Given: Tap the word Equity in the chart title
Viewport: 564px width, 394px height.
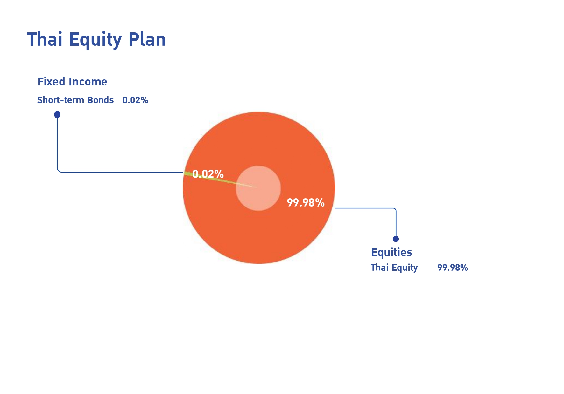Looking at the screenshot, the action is pos(95,40).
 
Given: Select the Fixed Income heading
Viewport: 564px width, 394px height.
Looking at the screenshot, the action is pos(72,82).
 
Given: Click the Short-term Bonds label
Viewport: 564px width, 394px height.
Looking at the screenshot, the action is pos(75,100).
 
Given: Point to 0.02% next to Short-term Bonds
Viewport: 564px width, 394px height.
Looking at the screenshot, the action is pos(136,100).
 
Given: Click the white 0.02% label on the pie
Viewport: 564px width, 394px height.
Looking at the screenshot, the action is pos(208,174).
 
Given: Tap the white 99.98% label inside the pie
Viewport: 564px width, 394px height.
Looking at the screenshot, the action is pos(306,202).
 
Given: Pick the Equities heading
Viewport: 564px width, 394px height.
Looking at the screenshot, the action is pos(391,252).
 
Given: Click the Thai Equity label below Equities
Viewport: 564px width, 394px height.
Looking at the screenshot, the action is pos(394,268).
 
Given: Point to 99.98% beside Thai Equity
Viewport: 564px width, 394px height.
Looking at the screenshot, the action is pos(453,268).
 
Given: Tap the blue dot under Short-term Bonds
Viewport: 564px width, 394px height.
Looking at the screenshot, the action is pos(57,114).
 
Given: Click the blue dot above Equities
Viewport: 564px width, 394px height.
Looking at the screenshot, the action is pos(396,239).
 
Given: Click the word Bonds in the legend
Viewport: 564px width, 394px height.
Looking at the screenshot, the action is pos(101,100).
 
